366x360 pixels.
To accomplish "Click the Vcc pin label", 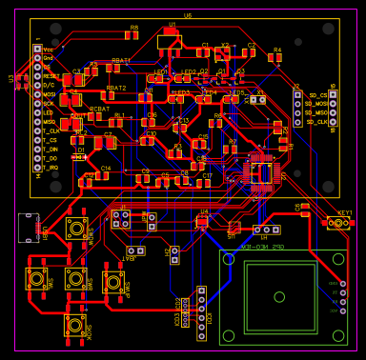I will [48, 48].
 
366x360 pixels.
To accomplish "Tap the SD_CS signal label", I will [317, 95].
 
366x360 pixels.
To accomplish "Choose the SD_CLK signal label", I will [318, 122].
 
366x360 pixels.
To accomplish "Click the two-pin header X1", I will [257, 99].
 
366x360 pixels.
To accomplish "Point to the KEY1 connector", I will [338, 223].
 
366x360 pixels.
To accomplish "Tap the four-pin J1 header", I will [121, 219].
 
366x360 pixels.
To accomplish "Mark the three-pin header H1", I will [267, 230].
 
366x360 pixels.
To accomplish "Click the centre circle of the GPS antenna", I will [279, 296].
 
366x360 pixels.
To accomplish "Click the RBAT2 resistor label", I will [115, 87].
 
